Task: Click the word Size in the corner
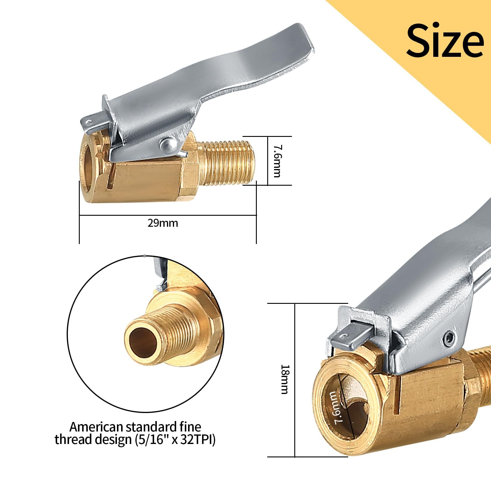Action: pos(445,40)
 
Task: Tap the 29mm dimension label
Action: pos(163,223)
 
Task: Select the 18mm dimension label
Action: pos(284,379)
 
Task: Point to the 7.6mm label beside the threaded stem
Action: pos(277,161)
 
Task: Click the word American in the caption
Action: pos(96,427)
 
